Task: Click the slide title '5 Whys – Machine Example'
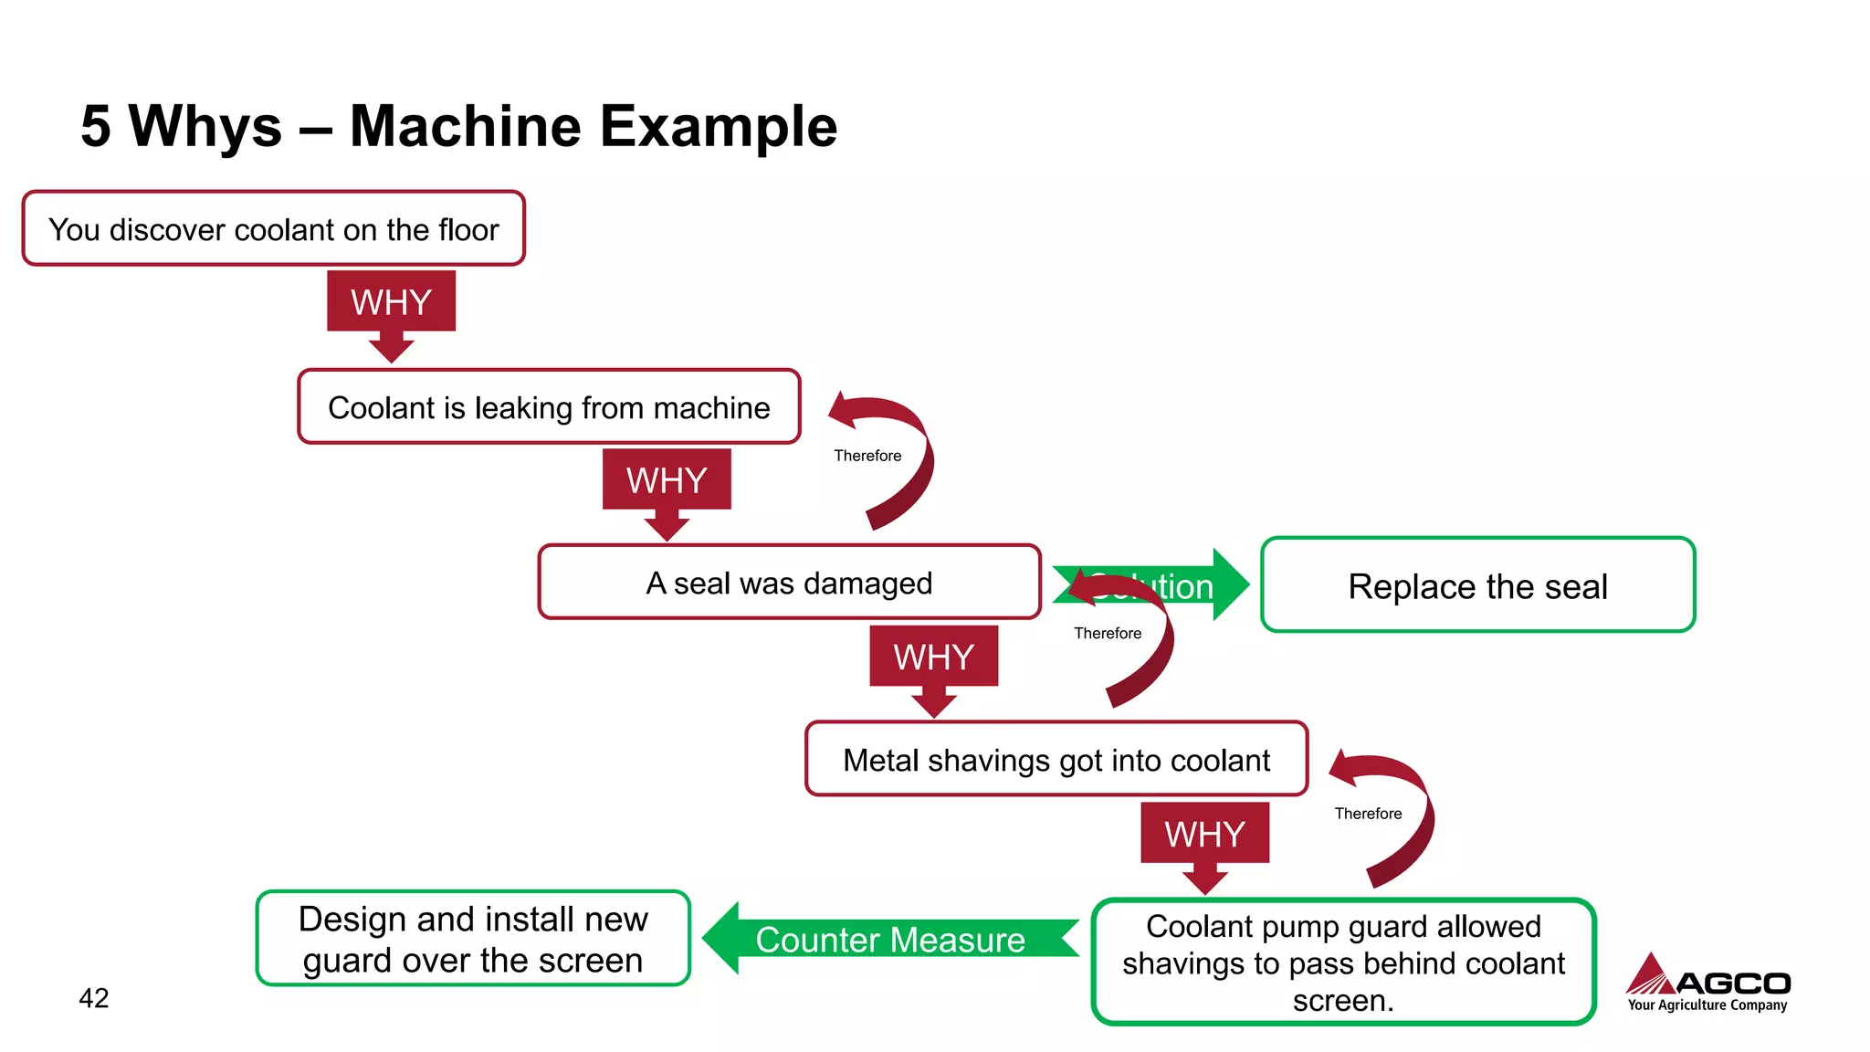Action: click(458, 126)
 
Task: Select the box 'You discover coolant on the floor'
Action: click(273, 229)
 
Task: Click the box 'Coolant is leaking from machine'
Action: click(549, 407)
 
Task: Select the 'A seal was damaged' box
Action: click(789, 583)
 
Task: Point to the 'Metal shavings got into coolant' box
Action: click(1056, 760)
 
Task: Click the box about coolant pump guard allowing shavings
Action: click(1343, 963)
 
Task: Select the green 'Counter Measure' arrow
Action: click(890, 940)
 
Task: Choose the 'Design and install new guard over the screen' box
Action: click(473, 939)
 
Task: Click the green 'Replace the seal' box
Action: click(1477, 585)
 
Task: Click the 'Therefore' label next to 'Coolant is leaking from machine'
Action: click(867, 456)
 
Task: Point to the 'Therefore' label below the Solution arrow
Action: click(1108, 633)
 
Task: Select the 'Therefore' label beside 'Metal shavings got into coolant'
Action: click(1368, 814)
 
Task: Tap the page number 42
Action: click(94, 998)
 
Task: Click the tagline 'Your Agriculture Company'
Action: click(1707, 1005)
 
